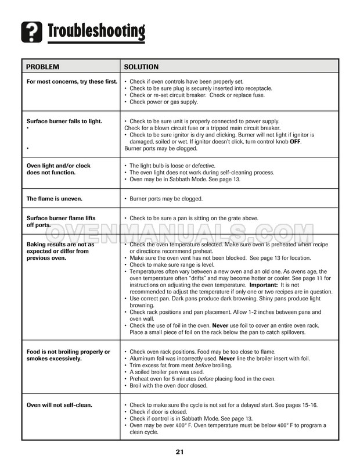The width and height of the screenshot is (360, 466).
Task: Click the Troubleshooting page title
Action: point(96,30)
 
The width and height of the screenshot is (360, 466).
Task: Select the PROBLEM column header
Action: point(43,67)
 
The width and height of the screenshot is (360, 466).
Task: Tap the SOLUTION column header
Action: point(141,67)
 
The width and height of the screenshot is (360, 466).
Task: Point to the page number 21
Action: point(180,451)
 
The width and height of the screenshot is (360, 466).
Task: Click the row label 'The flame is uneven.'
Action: point(55,199)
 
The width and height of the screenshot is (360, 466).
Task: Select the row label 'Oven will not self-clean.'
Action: point(59,404)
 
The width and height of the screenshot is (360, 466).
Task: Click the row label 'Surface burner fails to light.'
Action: point(64,121)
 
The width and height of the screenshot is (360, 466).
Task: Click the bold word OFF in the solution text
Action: point(295,142)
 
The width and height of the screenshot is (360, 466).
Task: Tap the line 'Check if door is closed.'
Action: point(160,411)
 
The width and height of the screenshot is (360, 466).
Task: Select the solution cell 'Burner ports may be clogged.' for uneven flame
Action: point(165,199)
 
